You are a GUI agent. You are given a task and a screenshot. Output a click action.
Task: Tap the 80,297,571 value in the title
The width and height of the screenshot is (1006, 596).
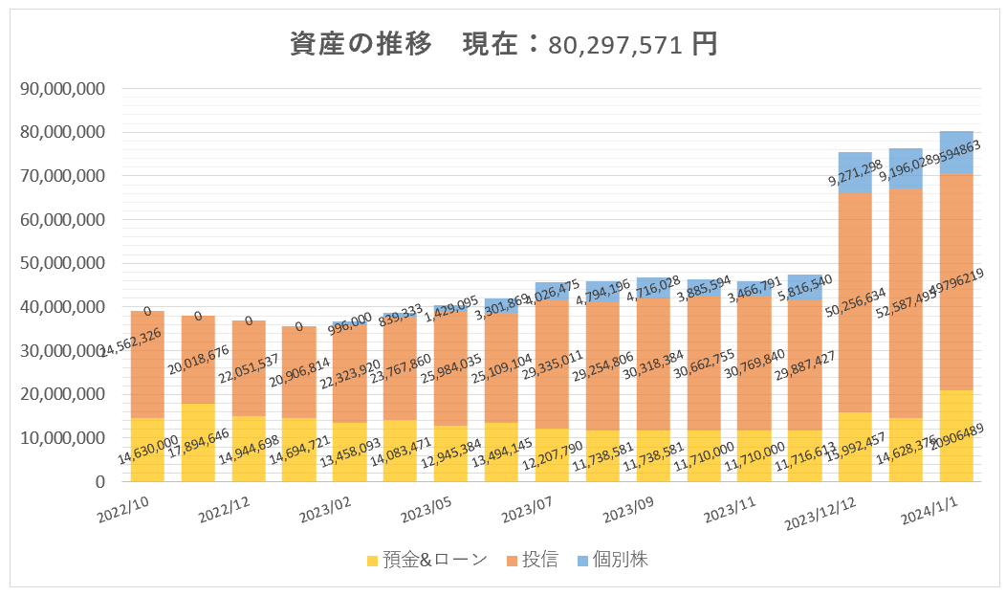coord(618,45)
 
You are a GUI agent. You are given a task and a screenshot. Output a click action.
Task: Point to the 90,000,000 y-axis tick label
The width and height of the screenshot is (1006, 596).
coord(62,89)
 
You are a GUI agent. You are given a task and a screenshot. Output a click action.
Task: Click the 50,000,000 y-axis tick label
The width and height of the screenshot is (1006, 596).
coord(62,263)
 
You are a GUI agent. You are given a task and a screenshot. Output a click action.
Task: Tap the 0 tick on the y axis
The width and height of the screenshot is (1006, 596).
coord(98,481)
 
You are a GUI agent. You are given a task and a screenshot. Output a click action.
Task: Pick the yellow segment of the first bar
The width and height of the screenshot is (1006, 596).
coord(147,450)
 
